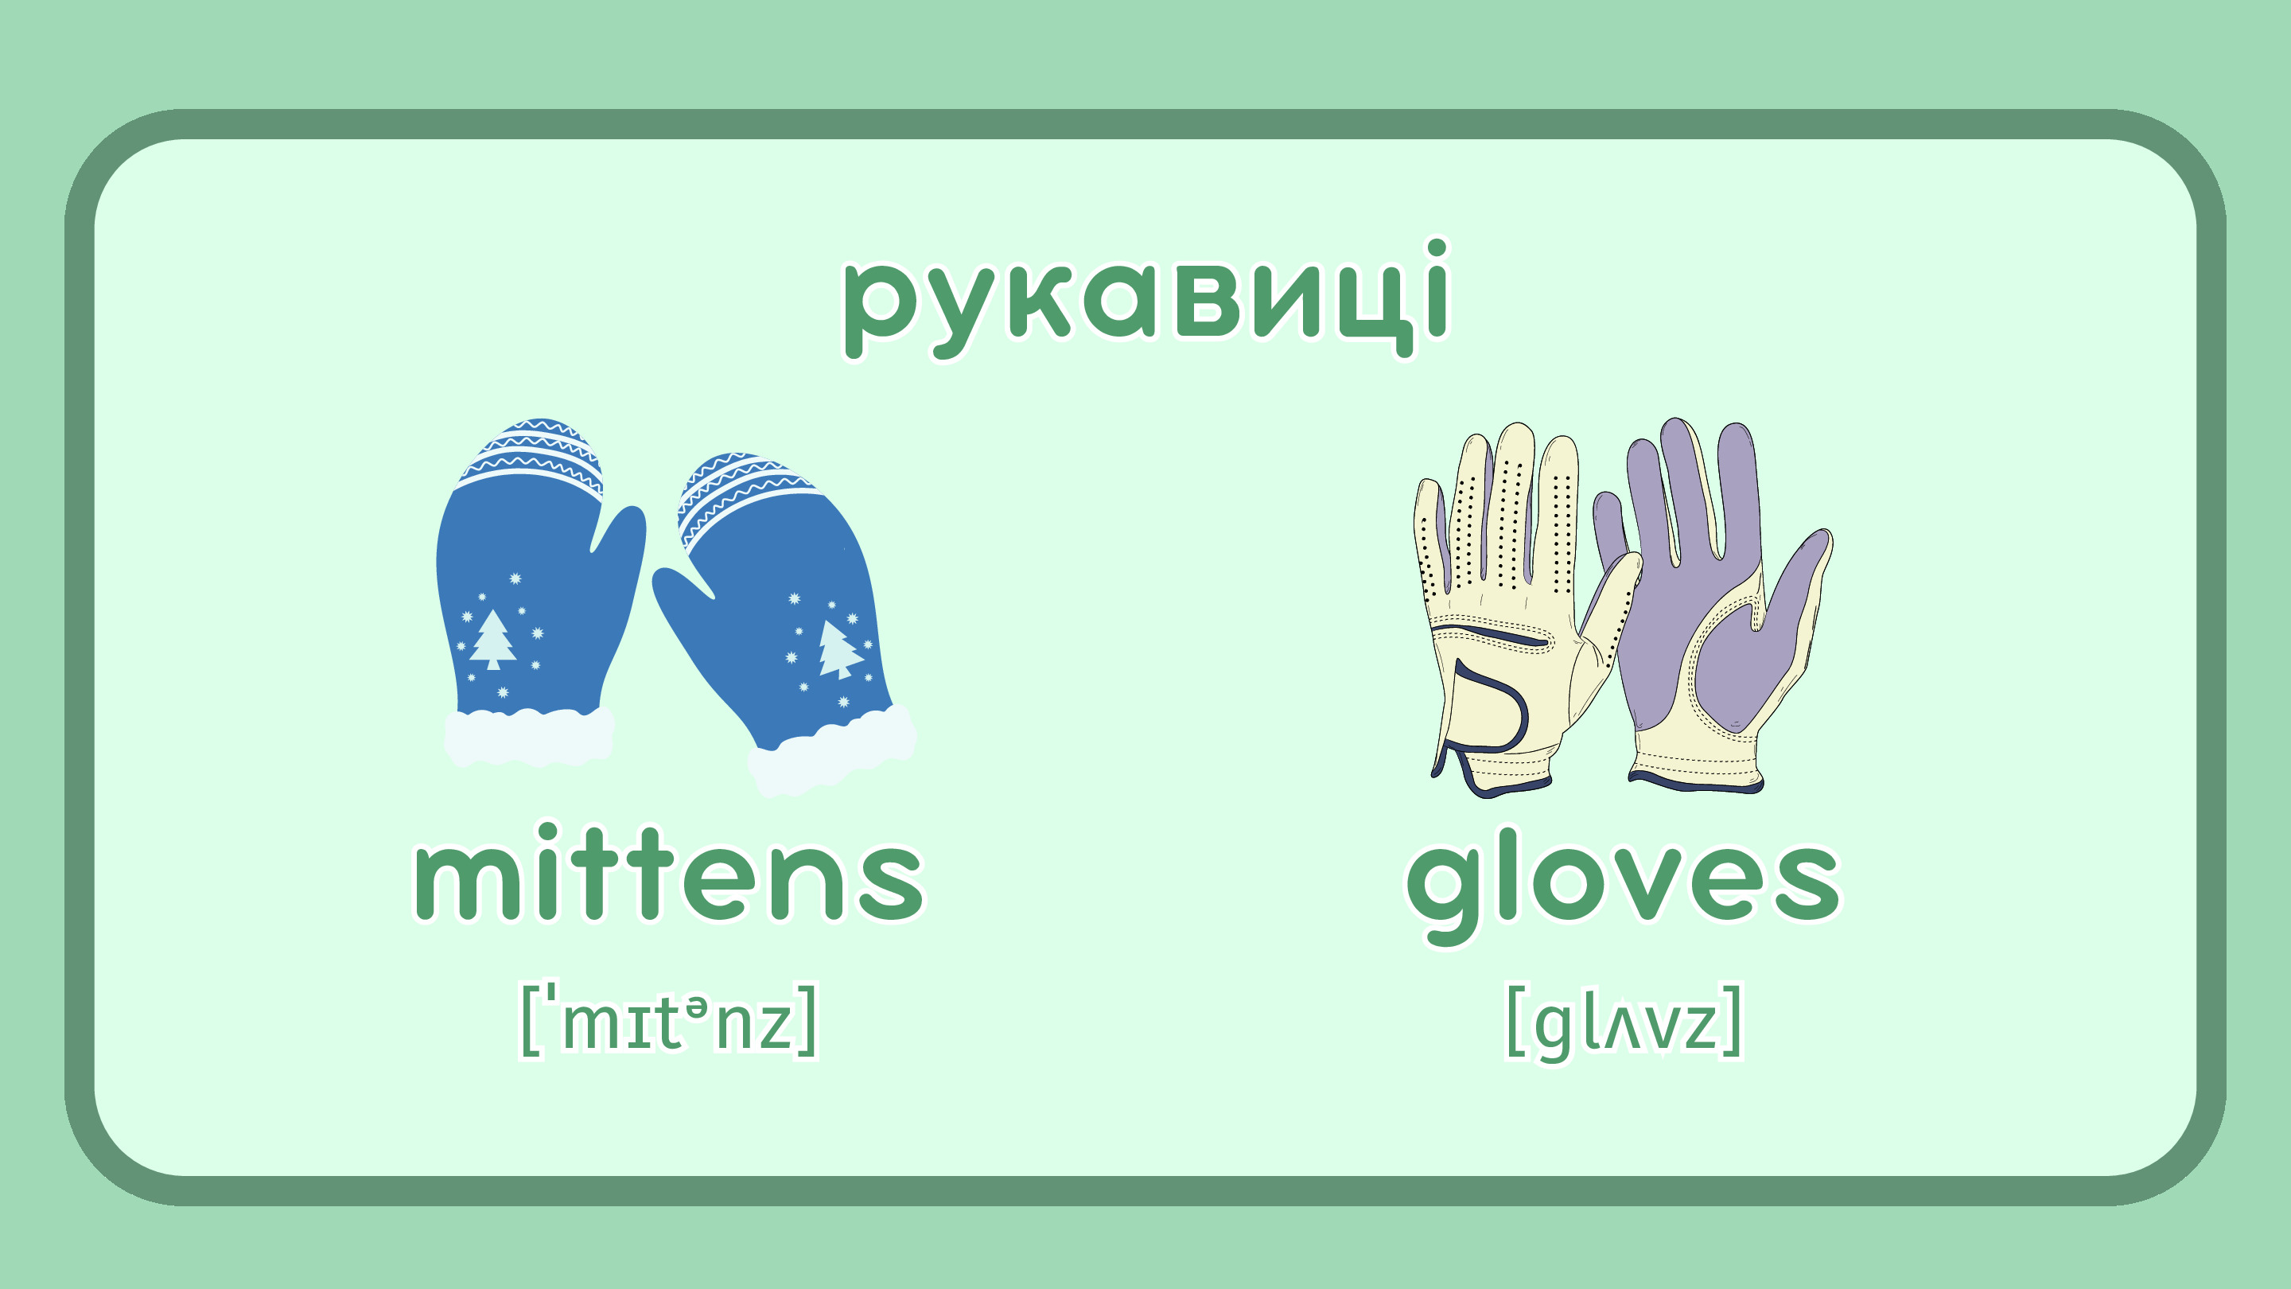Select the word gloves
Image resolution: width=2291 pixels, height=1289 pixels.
point(1624,884)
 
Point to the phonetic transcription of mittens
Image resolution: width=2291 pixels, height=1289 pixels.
point(669,1020)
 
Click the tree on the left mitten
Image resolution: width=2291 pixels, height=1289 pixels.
point(492,640)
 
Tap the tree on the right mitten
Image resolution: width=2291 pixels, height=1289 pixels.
point(837,649)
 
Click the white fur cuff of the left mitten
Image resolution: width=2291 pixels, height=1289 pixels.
point(530,737)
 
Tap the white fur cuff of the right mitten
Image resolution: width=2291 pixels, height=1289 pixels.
point(832,752)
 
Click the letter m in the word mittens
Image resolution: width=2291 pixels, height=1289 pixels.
point(468,880)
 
